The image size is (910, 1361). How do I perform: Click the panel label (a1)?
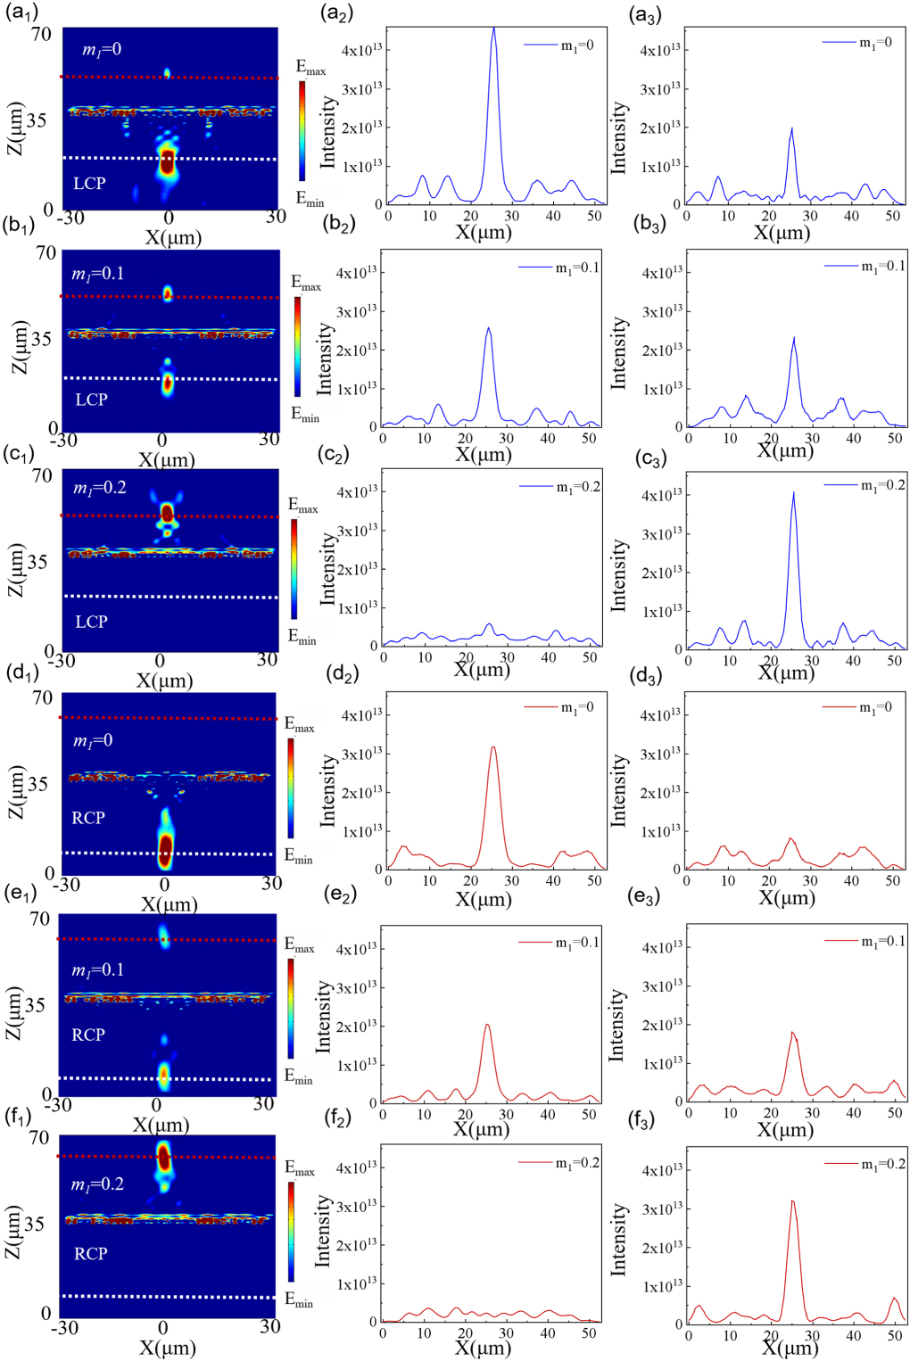[21, 13]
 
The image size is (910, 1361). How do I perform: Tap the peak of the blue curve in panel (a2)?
[493, 29]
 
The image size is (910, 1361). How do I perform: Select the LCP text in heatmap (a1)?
[89, 183]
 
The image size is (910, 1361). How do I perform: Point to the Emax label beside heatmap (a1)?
[310, 68]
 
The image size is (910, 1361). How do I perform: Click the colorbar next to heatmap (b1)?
[298, 346]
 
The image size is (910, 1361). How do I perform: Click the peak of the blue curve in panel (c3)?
[793, 492]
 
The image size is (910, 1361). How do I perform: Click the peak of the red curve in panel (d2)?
[493, 747]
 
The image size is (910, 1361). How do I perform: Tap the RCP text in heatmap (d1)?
[88, 817]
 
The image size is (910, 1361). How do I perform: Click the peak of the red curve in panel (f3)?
[792, 1201]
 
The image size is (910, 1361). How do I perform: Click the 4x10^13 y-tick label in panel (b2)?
[356, 273]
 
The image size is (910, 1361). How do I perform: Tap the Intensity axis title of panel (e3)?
[616, 1025]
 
